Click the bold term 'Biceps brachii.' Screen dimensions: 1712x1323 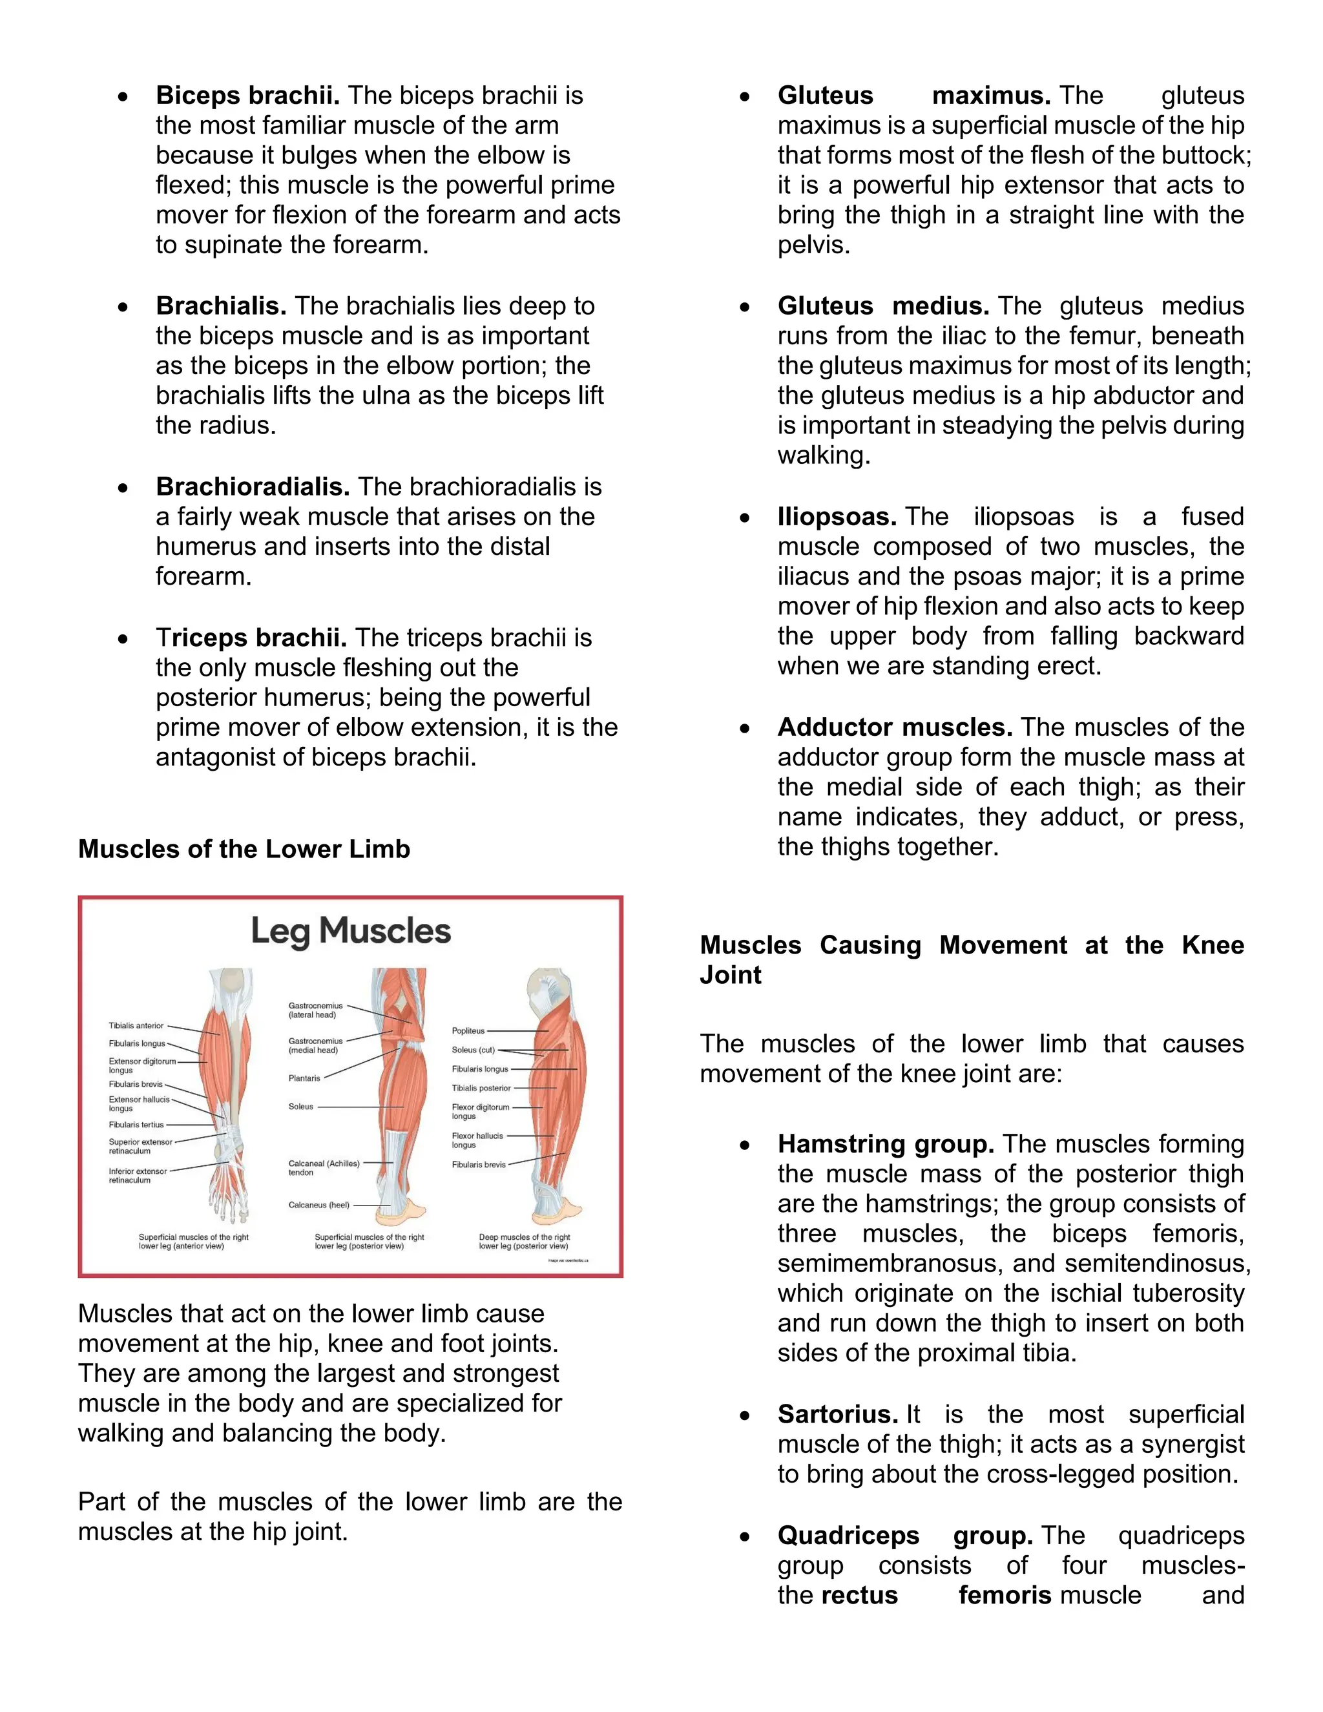point(247,96)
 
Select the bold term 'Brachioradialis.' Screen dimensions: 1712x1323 point(253,487)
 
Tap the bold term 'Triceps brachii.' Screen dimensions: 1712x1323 point(251,638)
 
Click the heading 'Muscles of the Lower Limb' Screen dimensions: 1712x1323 point(244,849)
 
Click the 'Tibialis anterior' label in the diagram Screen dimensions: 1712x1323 point(136,1025)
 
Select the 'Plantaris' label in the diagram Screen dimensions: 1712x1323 point(304,1079)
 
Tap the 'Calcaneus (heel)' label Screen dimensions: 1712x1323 point(318,1205)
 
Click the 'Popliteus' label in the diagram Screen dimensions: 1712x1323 point(468,1031)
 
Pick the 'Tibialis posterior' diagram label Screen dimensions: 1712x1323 point(481,1088)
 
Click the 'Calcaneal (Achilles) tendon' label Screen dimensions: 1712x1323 point(324,1168)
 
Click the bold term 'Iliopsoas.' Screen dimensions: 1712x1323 point(837,517)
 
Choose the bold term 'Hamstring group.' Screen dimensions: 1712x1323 point(886,1145)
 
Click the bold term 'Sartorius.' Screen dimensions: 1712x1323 point(837,1415)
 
